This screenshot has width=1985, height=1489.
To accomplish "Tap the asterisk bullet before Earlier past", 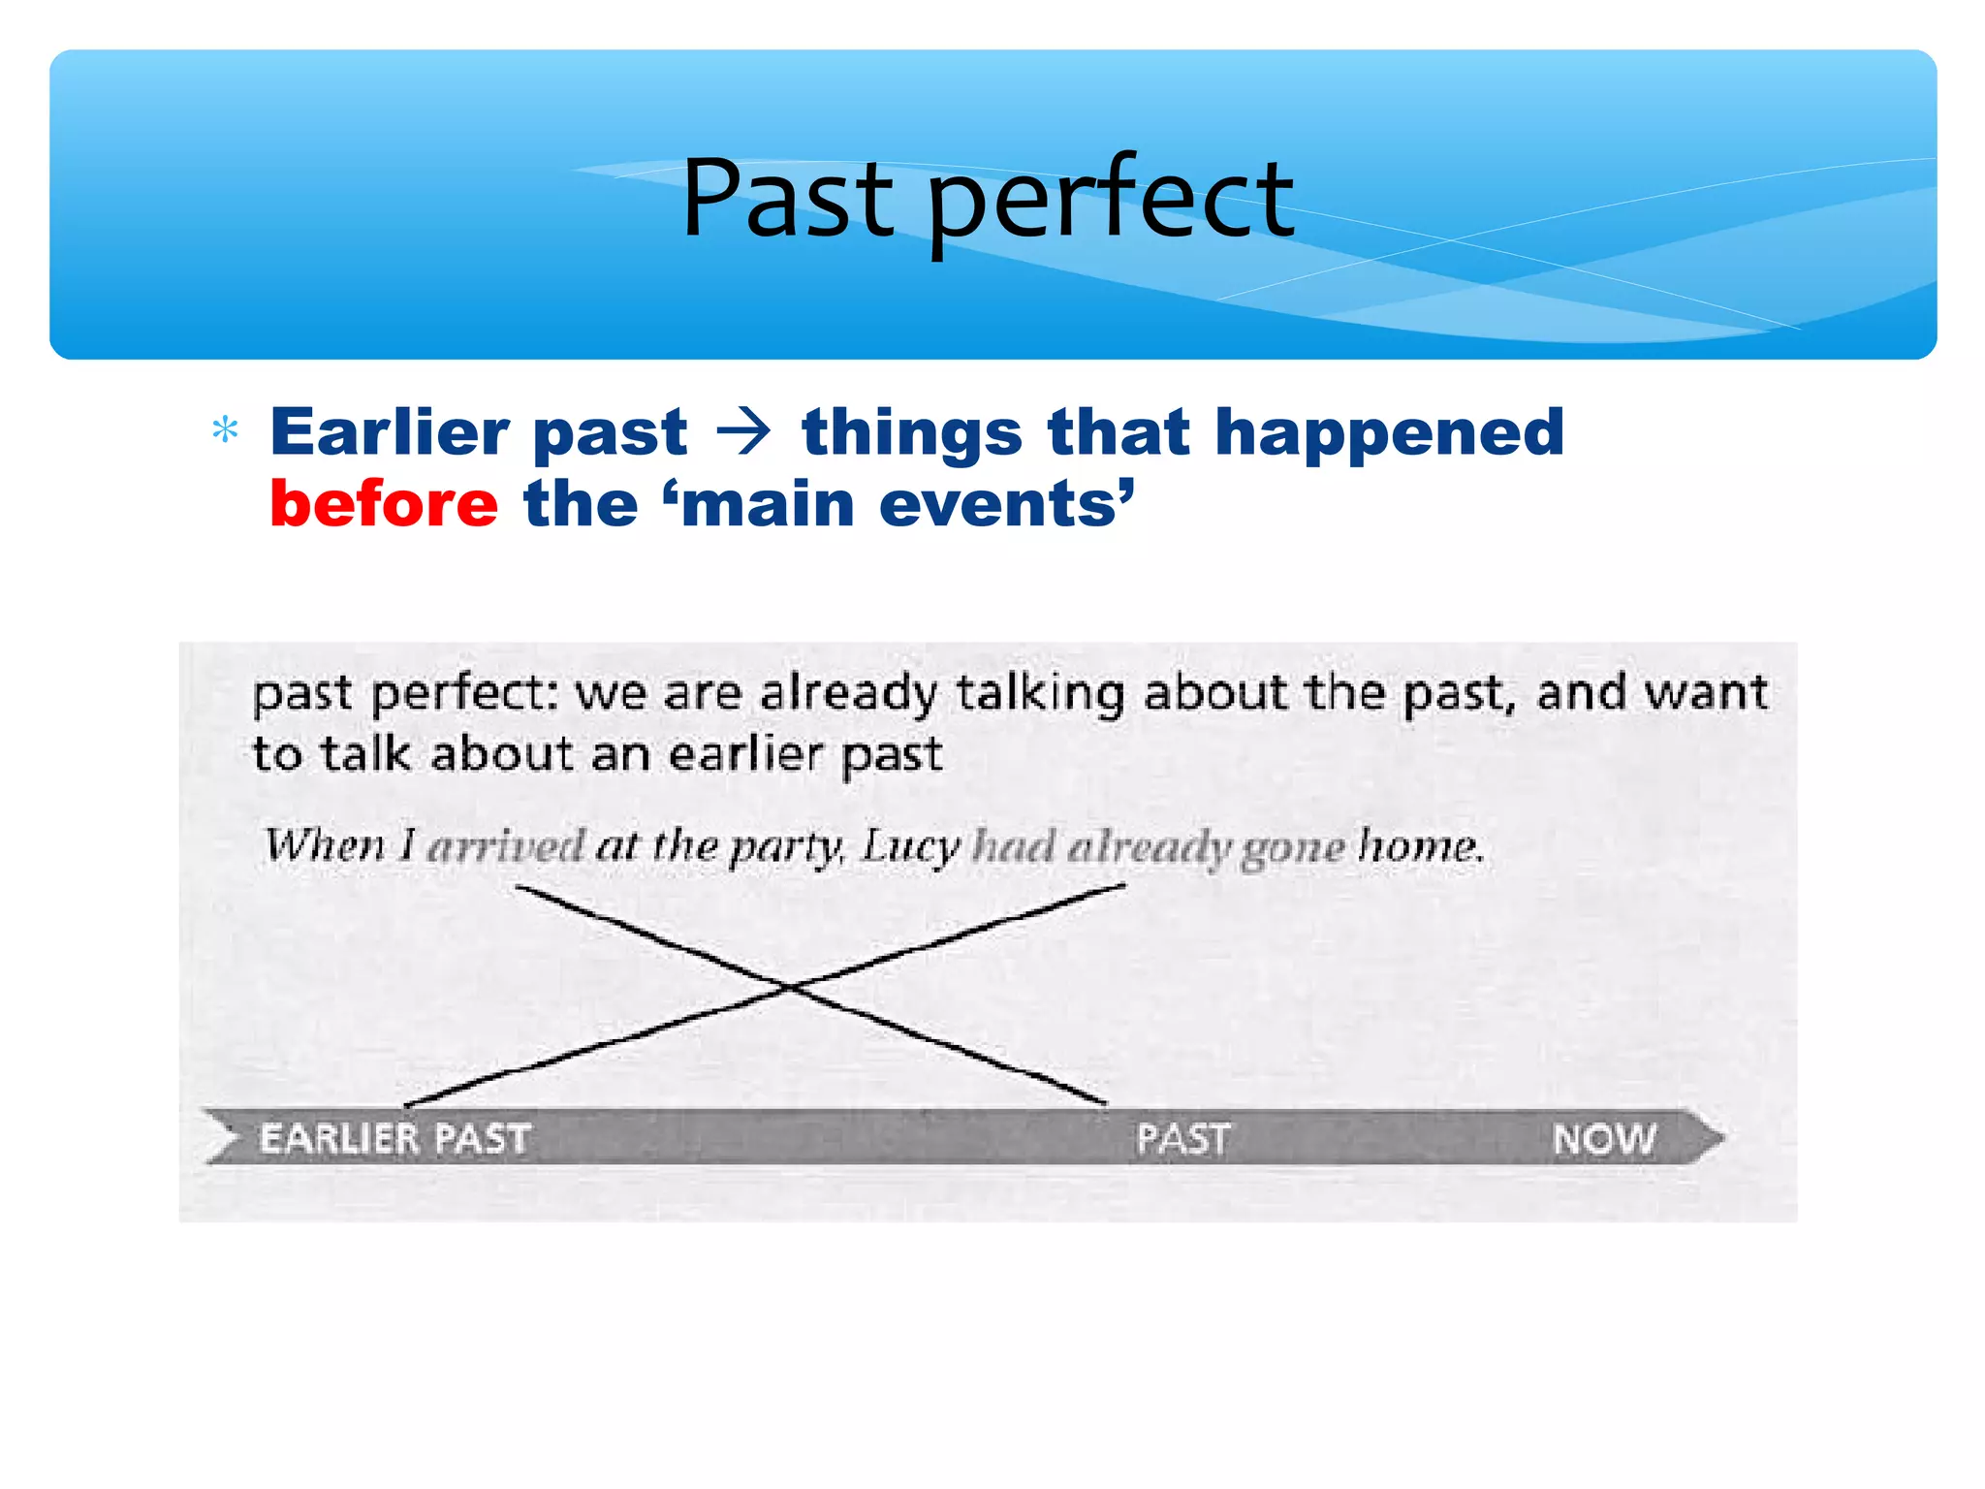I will click(225, 429).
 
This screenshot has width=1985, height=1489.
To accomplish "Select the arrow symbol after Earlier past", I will click(743, 432).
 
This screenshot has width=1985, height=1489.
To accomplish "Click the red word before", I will click(384, 504).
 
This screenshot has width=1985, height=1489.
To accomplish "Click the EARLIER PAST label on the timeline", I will click(394, 1138).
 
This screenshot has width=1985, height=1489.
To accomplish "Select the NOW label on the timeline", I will click(1604, 1138).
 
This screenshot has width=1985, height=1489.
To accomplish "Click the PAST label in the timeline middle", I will click(1182, 1138).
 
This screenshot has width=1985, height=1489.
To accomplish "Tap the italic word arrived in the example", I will click(506, 846).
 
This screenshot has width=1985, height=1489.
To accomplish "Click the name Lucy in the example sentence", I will click(909, 846).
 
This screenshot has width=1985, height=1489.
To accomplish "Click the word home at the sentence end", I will click(1419, 846).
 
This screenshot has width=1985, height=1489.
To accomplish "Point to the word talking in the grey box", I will click(1040, 693).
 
